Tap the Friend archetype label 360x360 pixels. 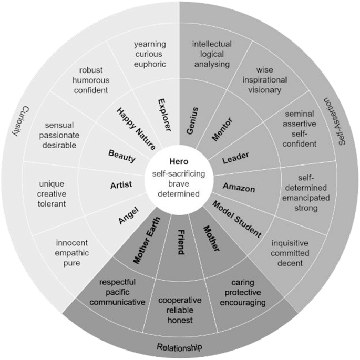(180, 242)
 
